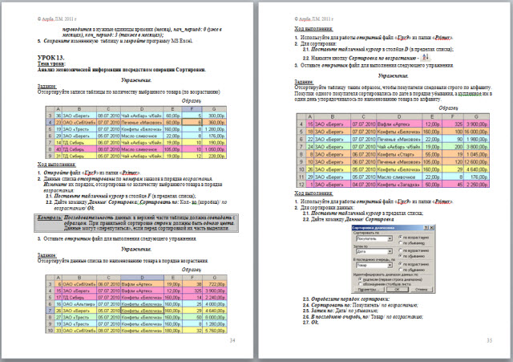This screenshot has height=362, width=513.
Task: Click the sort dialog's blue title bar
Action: click(x=377, y=228)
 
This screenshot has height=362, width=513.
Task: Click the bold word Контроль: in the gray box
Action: click(x=50, y=217)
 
